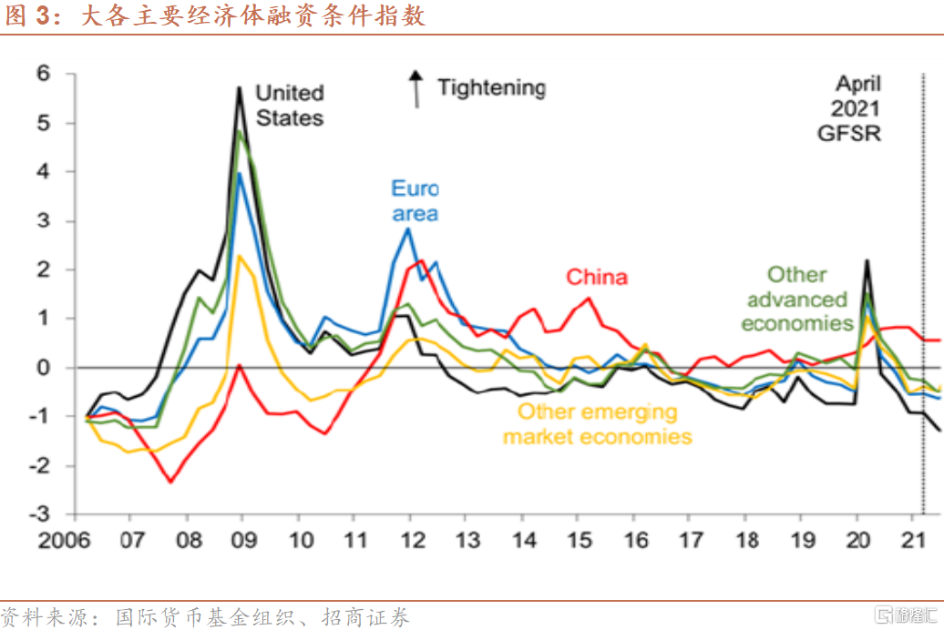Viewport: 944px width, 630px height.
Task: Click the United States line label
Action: (289, 105)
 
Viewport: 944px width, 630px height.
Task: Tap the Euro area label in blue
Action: (415, 201)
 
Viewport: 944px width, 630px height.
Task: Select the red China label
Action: (597, 277)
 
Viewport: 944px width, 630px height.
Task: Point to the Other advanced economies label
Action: (796, 299)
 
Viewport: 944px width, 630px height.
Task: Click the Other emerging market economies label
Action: (597, 424)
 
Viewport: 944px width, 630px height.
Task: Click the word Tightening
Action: (491, 87)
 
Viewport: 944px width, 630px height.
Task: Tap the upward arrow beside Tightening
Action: (416, 88)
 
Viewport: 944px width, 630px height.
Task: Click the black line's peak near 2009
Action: (240, 87)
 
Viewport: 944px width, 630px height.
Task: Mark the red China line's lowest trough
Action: (170, 482)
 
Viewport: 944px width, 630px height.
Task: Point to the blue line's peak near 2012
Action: (408, 229)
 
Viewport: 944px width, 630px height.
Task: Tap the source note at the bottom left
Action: (205, 616)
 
